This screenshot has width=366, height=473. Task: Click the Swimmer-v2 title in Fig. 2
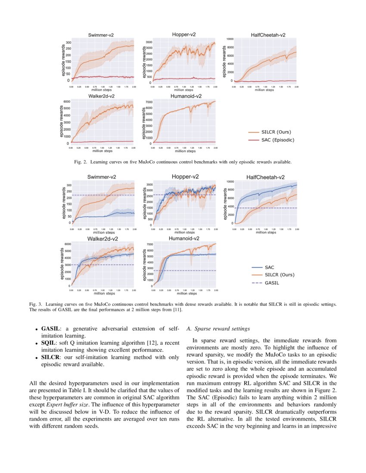[x=101, y=35]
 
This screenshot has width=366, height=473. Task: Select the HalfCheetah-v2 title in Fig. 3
[x=266, y=177]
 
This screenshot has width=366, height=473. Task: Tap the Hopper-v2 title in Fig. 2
[x=185, y=34]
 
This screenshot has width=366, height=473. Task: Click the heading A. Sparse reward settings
[x=218, y=329]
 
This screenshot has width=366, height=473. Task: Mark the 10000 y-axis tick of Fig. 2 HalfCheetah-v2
[x=230, y=39]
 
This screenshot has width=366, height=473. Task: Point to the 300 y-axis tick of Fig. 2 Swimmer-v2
[x=68, y=43]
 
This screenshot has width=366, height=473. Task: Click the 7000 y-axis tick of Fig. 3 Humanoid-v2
[x=151, y=244]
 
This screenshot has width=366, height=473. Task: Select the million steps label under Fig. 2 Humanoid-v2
[x=185, y=151]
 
